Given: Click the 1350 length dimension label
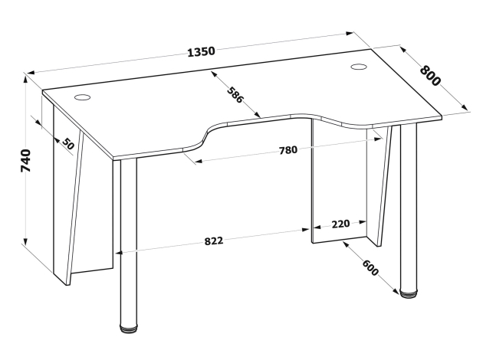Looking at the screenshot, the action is (201, 51).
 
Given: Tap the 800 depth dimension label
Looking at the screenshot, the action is (430, 76).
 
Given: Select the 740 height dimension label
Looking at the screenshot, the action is (25, 161).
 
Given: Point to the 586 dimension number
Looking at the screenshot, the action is (235, 95).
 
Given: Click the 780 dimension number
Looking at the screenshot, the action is (288, 150).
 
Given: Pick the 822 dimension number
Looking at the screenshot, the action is (214, 241).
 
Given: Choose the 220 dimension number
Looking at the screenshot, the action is (340, 224).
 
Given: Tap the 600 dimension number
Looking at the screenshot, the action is (370, 267).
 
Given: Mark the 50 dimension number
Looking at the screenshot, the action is (68, 143).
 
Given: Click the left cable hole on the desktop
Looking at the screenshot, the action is (83, 97).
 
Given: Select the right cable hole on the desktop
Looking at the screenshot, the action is (359, 67).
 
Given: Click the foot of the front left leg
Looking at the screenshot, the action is (129, 328).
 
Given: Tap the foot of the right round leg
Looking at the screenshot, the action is (409, 293).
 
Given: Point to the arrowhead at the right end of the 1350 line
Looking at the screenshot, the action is (350, 34).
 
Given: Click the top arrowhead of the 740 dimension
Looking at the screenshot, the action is (26, 79).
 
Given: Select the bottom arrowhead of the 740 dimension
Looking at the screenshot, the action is (26, 241).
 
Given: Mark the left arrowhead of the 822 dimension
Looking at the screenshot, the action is (120, 253).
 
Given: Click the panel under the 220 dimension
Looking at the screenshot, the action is (339, 180).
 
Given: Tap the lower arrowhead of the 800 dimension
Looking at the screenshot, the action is (464, 106).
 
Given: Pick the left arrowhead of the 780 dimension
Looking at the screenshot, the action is (199, 161).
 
